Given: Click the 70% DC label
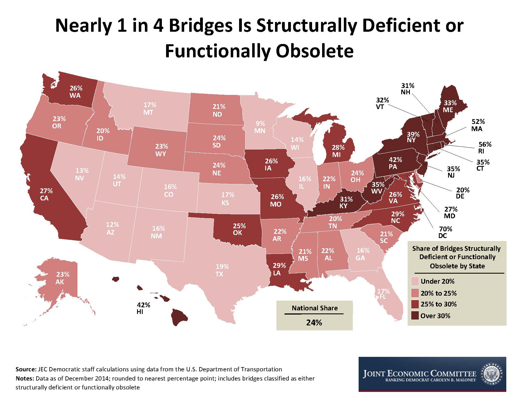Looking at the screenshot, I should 445,232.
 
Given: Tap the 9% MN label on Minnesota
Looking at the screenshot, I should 260,127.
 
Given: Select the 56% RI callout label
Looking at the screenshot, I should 485,148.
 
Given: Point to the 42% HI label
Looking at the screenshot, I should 143,308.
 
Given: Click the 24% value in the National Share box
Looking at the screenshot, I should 314,322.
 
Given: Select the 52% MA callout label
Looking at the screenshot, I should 478,125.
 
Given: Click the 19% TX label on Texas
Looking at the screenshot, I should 222,270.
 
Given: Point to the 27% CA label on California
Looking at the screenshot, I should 46,195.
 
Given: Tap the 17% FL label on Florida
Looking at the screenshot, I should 383,294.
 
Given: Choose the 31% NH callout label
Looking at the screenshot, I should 407,89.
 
